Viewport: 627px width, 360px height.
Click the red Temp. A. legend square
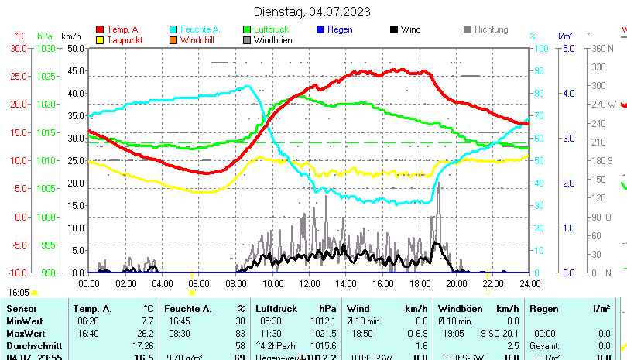100,29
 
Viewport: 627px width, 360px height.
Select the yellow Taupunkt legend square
100,40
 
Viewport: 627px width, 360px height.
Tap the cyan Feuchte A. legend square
173,29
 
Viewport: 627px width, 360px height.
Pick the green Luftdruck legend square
247,29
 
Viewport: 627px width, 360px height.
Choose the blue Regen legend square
320,29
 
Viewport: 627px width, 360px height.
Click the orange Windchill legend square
173,40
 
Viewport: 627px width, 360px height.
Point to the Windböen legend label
272,40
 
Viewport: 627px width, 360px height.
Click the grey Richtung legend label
491,29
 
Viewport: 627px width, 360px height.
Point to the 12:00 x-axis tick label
309,283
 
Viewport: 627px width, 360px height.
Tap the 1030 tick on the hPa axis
46,48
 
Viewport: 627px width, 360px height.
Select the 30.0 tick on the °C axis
19,48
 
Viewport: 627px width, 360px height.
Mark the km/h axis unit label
71,36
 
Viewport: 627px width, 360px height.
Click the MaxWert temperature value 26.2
145,333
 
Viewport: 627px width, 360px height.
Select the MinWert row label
25,321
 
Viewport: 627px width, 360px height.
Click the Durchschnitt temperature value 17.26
143,345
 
